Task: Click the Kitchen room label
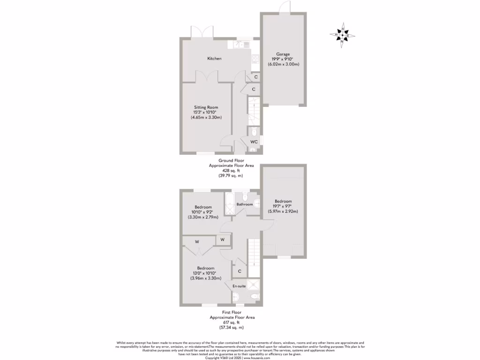point(214,59)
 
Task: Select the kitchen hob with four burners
point(255,59)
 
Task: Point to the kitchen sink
point(242,45)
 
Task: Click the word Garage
point(284,54)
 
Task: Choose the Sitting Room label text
point(206,107)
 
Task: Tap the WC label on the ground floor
point(254,141)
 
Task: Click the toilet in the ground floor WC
point(254,131)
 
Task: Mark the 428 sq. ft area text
point(227,171)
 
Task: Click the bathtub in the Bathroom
point(230,203)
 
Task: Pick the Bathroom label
point(244,204)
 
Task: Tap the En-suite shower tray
point(254,285)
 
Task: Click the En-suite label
point(239,285)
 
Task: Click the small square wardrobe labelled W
point(223,240)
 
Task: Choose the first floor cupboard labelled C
point(239,271)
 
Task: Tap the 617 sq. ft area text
point(232,322)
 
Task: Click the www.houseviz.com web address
point(257,358)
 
